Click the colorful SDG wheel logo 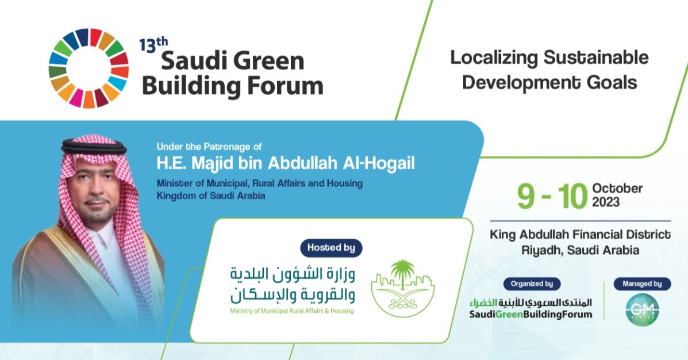[x=89, y=68]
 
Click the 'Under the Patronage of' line [x=209, y=147]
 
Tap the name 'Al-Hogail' [x=379, y=164]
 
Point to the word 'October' [x=617, y=189]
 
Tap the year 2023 [x=606, y=202]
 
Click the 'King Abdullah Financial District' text [x=580, y=235]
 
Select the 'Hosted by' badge [x=331, y=248]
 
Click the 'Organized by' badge [x=531, y=284]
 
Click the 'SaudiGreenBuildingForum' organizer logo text [x=530, y=315]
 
